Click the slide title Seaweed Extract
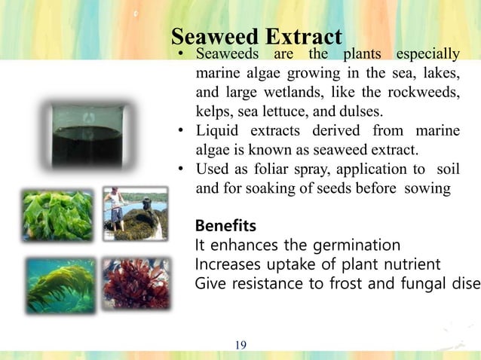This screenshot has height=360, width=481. click(x=256, y=36)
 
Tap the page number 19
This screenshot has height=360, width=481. click(x=240, y=345)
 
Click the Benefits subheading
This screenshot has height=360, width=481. click(x=225, y=226)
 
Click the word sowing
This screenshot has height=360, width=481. click(x=427, y=187)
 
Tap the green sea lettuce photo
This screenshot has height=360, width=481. click(x=58, y=215)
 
